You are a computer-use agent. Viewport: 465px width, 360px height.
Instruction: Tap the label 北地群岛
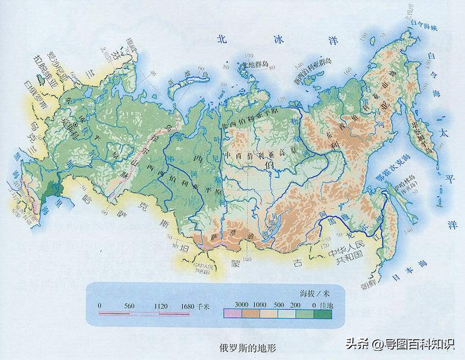(x=256, y=64)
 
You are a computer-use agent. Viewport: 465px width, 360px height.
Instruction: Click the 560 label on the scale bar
(x=129, y=306)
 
